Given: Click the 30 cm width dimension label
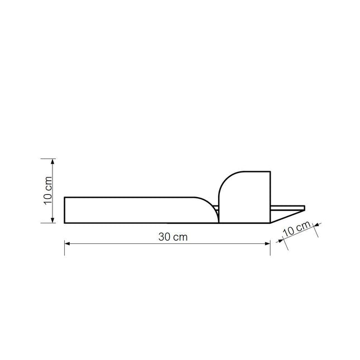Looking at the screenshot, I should coord(172,237).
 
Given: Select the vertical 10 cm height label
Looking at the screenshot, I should coord(48,190).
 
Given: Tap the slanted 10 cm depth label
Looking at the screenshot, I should coord(296,229).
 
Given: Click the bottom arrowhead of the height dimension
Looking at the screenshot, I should coord(53,220).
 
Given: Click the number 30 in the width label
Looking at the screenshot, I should coord(164,237).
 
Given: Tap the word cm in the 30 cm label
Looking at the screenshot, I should coord(180,237).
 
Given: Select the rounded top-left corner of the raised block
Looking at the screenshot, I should coord(224,179).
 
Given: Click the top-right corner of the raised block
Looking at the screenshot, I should coord(270,172).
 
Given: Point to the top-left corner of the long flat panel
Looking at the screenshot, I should coord(65,197).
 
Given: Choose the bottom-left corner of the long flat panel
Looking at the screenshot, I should coord(65,223).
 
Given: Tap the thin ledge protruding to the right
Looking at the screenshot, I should coord(288,208).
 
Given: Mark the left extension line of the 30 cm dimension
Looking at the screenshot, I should coord(65,240).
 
